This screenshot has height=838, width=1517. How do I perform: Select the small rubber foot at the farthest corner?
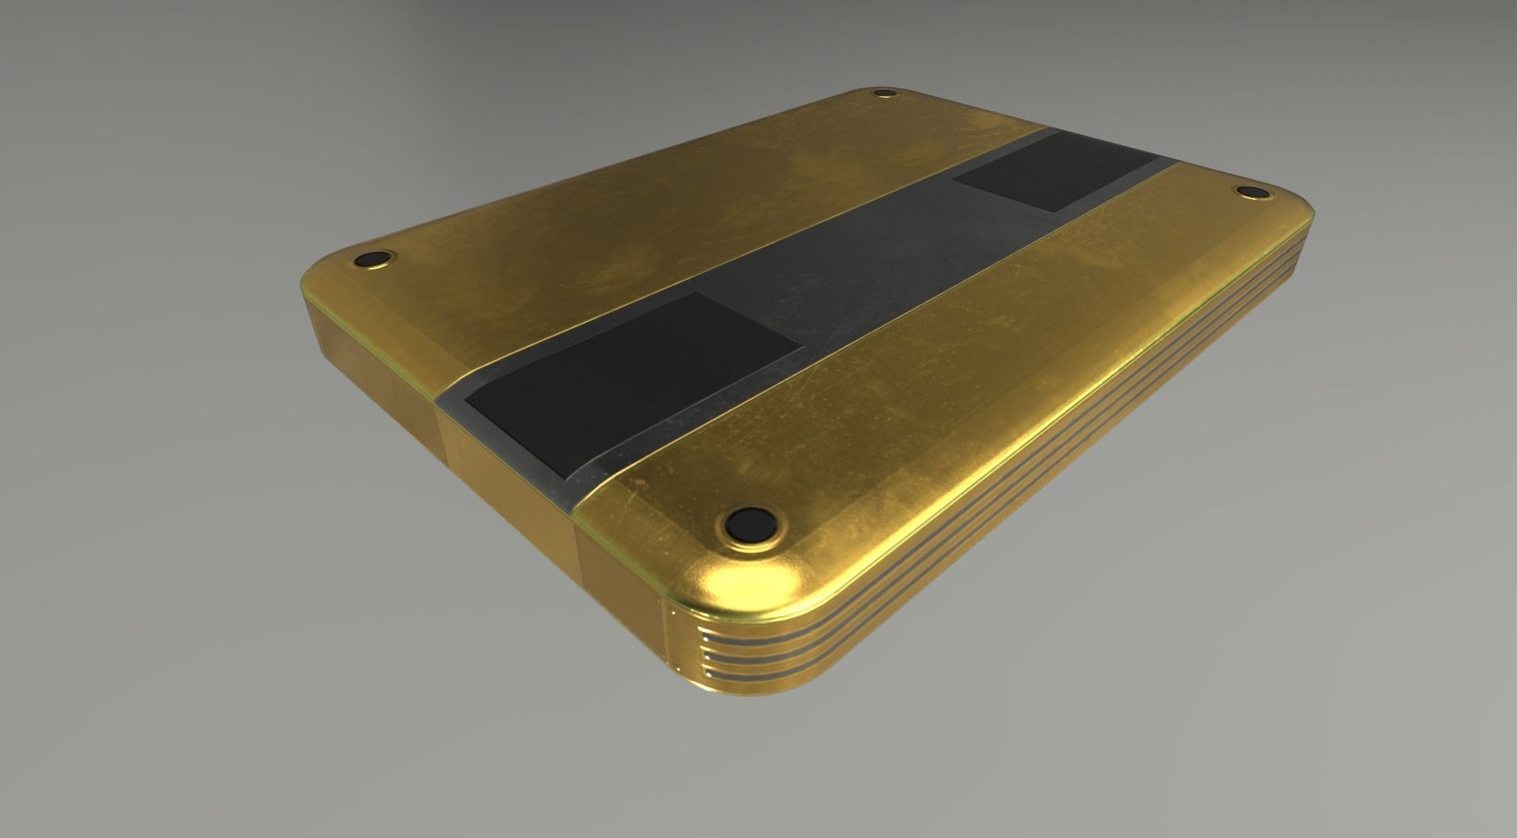click(x=883, y=95)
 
